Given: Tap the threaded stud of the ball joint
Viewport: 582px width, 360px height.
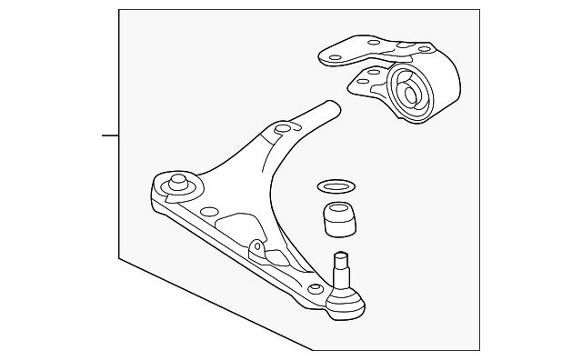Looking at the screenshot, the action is point(343,266).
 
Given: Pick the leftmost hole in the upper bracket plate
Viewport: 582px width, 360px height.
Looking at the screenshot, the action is point(336,57).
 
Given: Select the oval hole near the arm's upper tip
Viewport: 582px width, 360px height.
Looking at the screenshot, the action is point(282,130).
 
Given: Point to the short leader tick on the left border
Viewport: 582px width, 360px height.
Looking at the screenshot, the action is point(109,136).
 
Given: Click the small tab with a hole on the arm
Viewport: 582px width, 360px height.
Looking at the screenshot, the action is point(257,246).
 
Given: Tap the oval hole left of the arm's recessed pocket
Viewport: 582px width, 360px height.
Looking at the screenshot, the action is point(209,212).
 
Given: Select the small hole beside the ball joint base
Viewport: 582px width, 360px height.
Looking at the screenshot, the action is point(316,288).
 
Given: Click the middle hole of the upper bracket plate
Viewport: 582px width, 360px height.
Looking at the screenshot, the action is point(374,41).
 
